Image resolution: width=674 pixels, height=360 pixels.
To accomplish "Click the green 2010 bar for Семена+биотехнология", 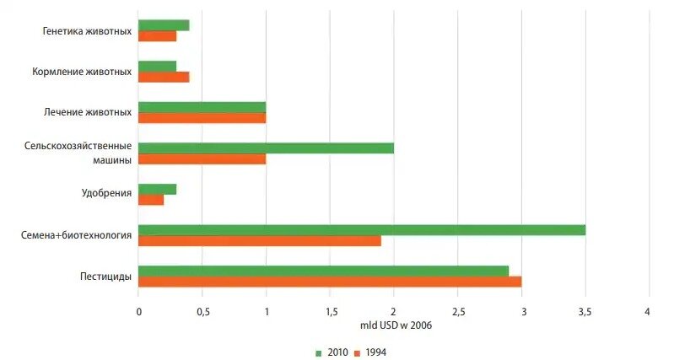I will pyautogui.click(x=361, y=230).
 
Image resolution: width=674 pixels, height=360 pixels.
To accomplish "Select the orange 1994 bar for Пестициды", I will pyautogui.click(x=329, y=282).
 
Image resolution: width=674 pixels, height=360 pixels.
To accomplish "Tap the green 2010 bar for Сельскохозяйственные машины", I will pyautogui.click(x=266, y=148).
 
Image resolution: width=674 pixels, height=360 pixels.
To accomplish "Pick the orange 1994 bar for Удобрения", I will pyautogui.click(x=151, y=200).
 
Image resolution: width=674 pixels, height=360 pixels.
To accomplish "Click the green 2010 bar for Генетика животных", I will pyautogui.click(x=164, y=25).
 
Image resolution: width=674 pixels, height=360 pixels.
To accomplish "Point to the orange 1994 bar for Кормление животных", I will pyautogui.click(x=164, y=78).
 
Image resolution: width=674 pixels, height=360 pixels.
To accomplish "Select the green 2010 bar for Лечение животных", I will pyautogui.click(x=202, y=107).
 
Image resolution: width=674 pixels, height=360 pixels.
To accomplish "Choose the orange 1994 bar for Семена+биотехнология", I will pyautogui.click(x=259, y=241).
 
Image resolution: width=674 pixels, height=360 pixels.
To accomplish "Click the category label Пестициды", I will pyautogui.click(x=105, y=277).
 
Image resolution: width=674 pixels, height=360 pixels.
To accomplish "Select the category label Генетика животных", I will pyautogui.click(x=87, y=31).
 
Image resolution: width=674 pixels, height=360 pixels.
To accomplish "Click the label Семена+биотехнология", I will pyautogui.click(x=76, y=235).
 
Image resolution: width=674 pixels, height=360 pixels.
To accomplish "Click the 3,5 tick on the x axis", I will pyautogui.click(x=585, y=312).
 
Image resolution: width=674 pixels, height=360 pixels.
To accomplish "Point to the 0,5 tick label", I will pyautogui.click(x=202, y=312).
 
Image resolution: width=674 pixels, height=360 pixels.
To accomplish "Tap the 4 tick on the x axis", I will pyautogui.click(x=648, y=312).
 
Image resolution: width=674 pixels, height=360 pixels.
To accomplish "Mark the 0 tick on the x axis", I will pyautogui.click(x=138, y=312).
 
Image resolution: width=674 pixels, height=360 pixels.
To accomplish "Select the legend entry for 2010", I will pyautogui.click(x=332, y=352).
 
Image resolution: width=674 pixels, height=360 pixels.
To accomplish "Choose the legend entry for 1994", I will pyautogui.click(x=371, y=352).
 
